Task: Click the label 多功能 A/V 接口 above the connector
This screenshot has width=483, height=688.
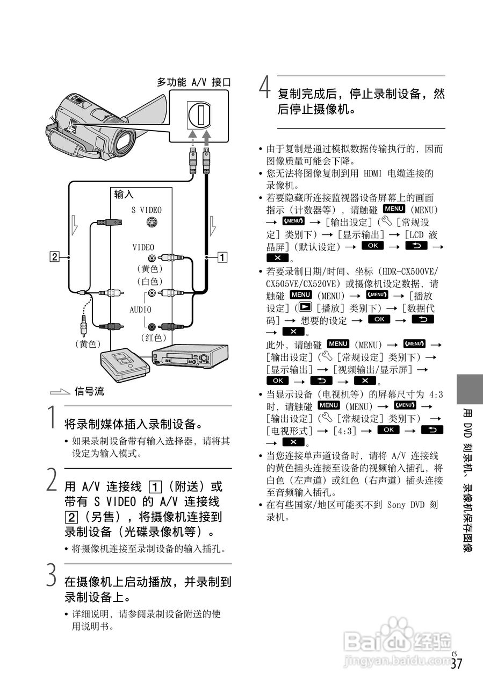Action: click(194, 82)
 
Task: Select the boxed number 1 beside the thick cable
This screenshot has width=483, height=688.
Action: click(222, 256)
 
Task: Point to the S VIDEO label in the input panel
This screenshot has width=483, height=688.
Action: click(146, 210)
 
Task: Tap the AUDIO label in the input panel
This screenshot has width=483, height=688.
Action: click(140, 310)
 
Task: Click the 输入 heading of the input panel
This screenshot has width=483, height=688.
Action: click(124, 195)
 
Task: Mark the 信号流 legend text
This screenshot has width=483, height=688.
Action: click(89, 392)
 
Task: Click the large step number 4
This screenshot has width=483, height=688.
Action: click(264, 88)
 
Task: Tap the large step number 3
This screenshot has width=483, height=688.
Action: click(51, 575)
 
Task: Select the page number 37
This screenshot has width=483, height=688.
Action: click(456, 664)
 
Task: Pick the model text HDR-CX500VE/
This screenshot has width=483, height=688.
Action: click(408, 271)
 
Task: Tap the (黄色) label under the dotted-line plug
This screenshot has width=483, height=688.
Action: click(88, 344)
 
